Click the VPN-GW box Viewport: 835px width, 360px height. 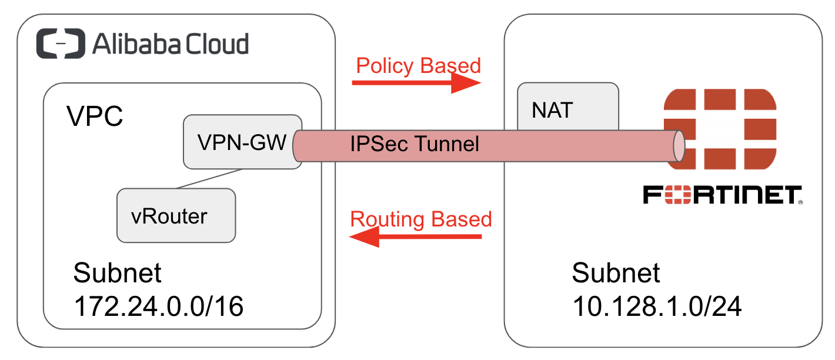tap(242, 142)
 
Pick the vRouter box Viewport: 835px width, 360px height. tap(176, 215)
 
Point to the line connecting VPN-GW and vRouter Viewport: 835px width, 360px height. tap(209, 179)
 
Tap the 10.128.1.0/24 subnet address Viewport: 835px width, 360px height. tap(657, 306)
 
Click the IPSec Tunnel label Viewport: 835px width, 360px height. tap(415, 144)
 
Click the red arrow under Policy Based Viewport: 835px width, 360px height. tap(416, 84)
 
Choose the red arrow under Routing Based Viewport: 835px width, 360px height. tap(415, 236)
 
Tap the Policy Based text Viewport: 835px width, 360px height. tap(419, 65)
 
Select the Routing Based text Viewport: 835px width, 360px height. tap(420, 219)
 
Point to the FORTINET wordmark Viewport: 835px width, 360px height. tap(722, 195)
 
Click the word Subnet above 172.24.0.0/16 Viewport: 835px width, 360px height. tap(118, 273)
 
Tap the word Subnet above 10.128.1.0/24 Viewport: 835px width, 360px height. tap(616, 273)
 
